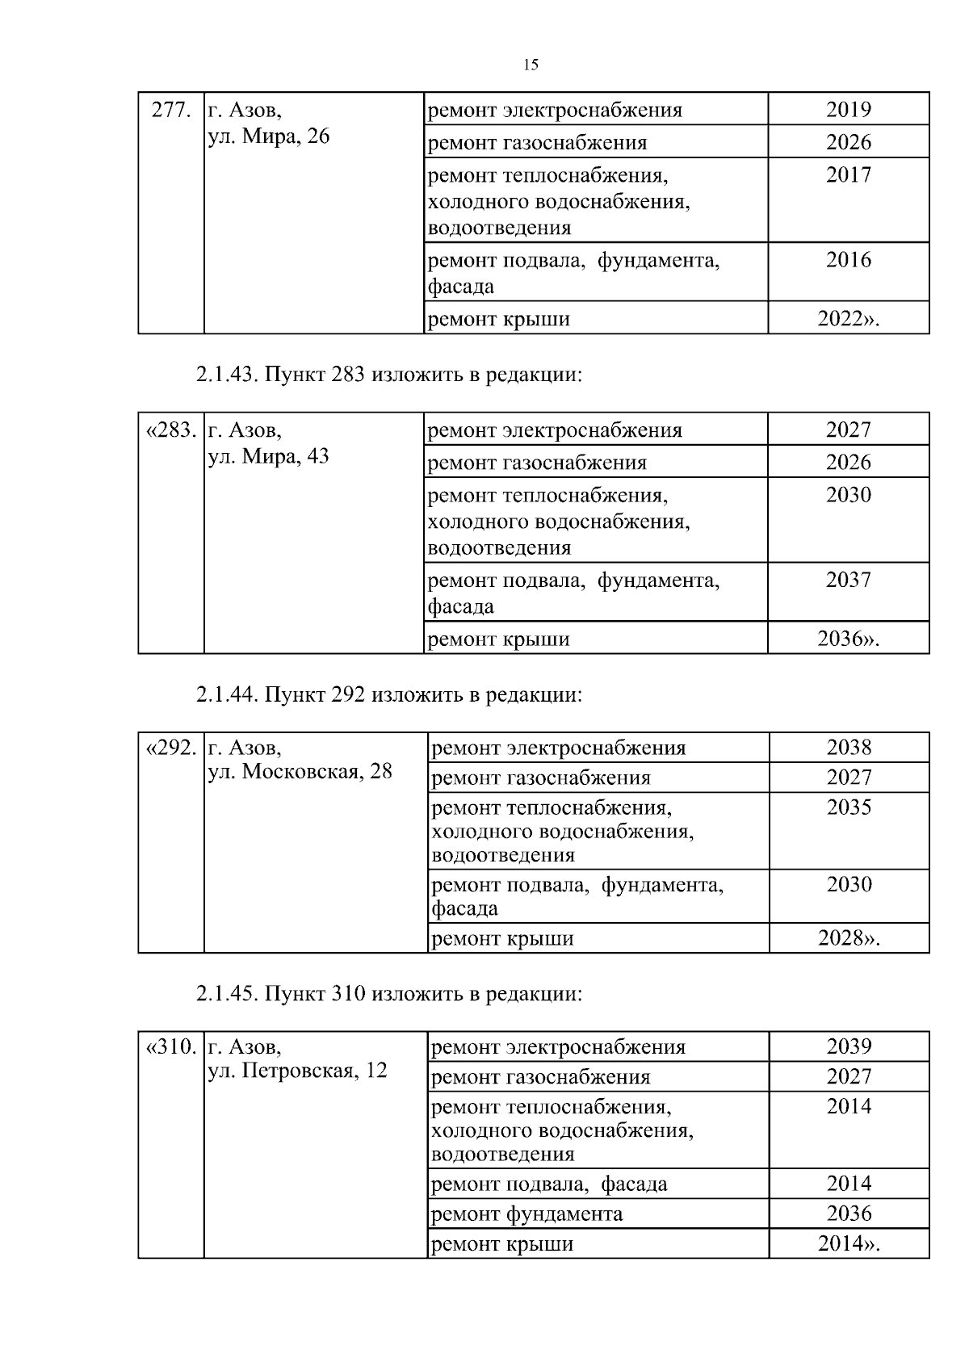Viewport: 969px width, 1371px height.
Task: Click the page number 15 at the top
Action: [531, 65]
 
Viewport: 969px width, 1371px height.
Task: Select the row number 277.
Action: [171, 110]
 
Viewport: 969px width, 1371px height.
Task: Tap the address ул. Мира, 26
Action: [269, 136]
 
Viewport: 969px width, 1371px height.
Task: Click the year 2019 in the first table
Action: [848, 110]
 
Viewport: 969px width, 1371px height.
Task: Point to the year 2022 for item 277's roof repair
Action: [848, 319]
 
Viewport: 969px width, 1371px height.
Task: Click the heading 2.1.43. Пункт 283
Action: [388, 375]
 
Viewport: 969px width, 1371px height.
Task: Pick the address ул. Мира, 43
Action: [269, 457]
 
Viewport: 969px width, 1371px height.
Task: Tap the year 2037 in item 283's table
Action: [848, 580]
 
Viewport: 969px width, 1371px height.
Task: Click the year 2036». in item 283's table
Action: [848, 639]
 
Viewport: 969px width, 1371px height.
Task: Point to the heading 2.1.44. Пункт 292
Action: [388, 695]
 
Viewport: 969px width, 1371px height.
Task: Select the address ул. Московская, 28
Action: [300, 772]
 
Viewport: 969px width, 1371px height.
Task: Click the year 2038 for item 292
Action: [849, 748]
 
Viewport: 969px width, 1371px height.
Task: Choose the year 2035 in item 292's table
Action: [849, 807]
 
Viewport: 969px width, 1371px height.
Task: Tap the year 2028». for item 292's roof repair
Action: [849, 938]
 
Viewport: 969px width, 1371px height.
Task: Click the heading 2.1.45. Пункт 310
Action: [388, 994]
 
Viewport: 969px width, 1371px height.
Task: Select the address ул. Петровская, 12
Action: [298, 1071]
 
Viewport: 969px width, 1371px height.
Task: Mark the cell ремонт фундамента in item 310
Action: [527, 1214]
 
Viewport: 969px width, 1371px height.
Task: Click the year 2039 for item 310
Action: [849, 1046]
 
